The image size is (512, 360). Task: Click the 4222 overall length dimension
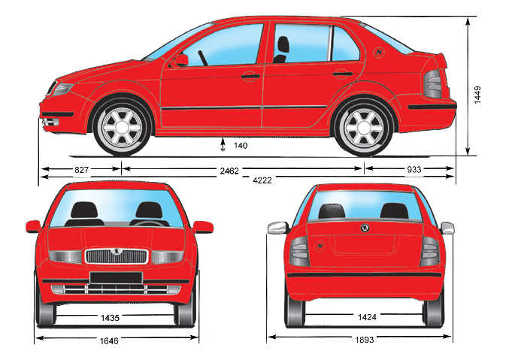pyautogui.click(x=262, y=180)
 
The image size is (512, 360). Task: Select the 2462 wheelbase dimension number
pyautogui.click(x=229, y=171)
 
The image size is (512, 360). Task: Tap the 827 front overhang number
pyautogui.click(x=81, y=170)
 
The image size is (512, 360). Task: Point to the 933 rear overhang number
pyautogui.click(x=414, y=169)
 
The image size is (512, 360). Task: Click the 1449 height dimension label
pyautogui.click(x=477, y=95)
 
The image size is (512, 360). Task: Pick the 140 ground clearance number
pyautogui.click(x=241, y=145)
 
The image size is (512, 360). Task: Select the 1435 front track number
pyautogui.click(x=110, y=318)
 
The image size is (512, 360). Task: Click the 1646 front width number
pyautogui.click(x=109, y=341)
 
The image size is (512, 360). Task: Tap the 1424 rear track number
pyautogui.click(x=367, y=317)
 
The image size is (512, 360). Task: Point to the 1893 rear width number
pyautogui.click(x=365, y=340)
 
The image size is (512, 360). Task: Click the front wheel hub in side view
pyautogui.click(x=122, y=127)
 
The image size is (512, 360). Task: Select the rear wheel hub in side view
pyautogui.click(x=363, y=127)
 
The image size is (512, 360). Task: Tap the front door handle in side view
pyautogui.click(x=250, y=77)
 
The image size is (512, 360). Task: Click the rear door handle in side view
pyautogui.click(x=343, y=74)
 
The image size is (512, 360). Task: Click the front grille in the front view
pyautogui.click(x=117, y=256)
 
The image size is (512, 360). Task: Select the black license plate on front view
pyautogui.click(x=116, y=277)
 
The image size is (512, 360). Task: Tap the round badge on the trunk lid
pyautogui.click(x=365, y=228)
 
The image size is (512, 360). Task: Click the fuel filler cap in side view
pyautogui.click(x=379, y=52)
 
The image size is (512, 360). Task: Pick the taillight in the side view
pyautogui.click(x=433, y=84)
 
